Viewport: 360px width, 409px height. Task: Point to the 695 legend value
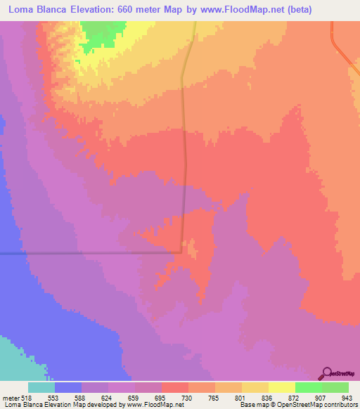click(x=161, y=397)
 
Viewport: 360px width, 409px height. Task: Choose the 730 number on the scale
click(x=188, y=397)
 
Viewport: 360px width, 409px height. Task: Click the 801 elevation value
click(x=241, y=397)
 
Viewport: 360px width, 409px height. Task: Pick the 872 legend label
click(x=295, y=397)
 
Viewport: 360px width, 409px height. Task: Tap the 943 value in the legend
click(x=347, y=397)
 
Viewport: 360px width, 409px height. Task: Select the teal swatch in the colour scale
click(x=41, y=387)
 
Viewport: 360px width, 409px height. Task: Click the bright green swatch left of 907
click(x=308, y=387)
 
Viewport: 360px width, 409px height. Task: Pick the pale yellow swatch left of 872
click(x=281, y=387)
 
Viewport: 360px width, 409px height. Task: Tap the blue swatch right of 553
click(x=68, y=387)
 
